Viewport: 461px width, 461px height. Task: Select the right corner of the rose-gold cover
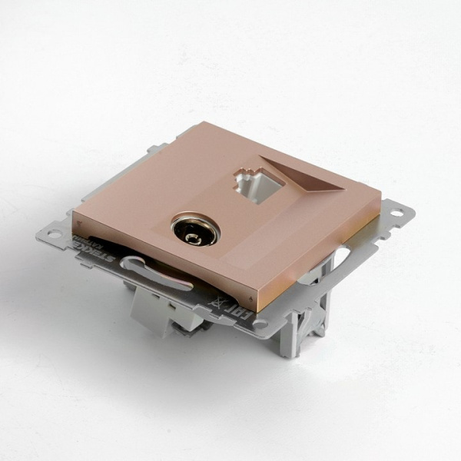(379, 192)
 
